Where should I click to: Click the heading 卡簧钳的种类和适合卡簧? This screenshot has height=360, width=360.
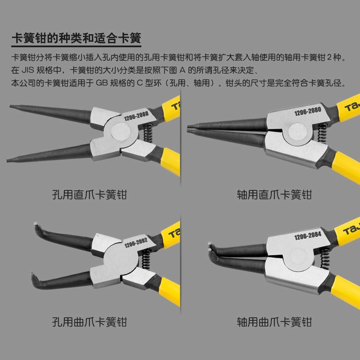(x=76, y=38)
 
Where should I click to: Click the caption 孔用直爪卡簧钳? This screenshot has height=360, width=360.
(x=90, y=195)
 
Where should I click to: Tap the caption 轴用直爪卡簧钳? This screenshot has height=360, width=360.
(x=274, y=195)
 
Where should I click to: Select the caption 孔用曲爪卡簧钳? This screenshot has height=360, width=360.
(x=90, y=322)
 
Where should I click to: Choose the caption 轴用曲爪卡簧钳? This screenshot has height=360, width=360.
(x=274, y=322)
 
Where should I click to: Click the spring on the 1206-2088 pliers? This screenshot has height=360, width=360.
(x=147, y=134)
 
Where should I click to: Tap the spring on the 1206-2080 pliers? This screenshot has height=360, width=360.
(x=321, y=132)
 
